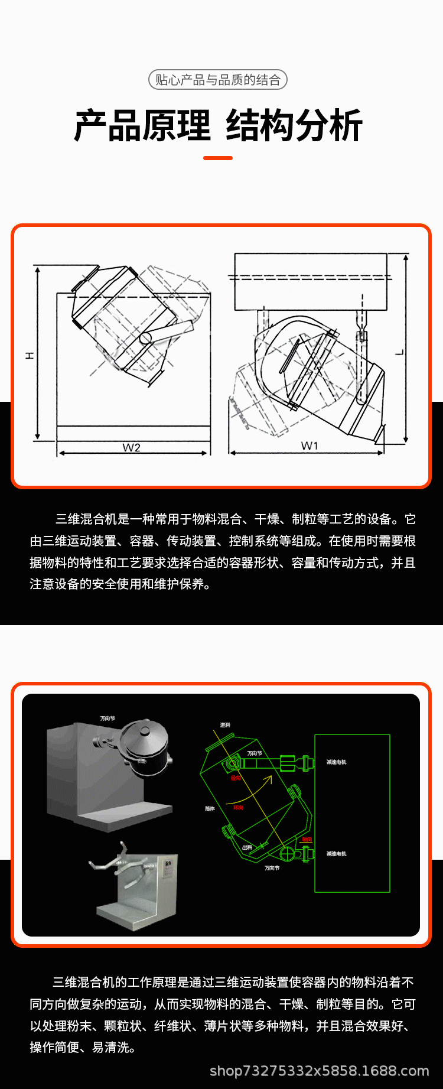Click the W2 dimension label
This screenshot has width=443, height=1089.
coord(131,448)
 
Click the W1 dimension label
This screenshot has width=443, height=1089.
coord(310,446)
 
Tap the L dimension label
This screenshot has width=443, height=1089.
coord(400,352)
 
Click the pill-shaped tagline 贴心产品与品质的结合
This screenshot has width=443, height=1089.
coord(218,80)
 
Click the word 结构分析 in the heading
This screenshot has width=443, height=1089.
coord(294,126)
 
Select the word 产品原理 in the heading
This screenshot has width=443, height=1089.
coord(142,126)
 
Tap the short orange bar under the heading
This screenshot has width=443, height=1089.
coord(218,158)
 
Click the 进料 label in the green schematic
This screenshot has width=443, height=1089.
coord(225,725)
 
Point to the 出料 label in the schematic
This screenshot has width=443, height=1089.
coord(247,847)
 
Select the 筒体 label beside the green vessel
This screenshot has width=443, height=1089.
coord(210,808)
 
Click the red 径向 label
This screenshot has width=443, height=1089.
coord(236,778)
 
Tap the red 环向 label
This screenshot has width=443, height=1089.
coord(239,808)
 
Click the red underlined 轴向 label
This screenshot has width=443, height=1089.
coord(307,840)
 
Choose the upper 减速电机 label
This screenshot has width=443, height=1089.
coord(337,762)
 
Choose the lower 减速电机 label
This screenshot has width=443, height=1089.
coord(337,854)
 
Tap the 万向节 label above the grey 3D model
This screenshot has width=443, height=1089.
coord(108,719)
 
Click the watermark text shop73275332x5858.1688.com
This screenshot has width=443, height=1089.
coord(320,1071)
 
